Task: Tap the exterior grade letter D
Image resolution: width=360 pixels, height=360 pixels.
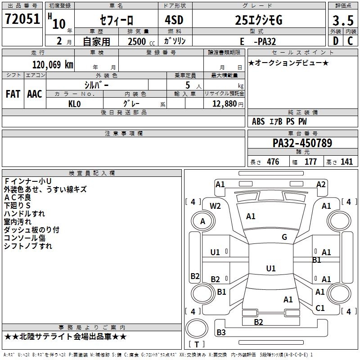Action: tap(335, 40)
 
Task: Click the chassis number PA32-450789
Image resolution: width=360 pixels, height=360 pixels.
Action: tap(302, 143)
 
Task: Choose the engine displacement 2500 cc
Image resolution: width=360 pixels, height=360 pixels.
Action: tap(137, 41)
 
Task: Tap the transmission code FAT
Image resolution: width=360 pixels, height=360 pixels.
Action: tap(13, 94)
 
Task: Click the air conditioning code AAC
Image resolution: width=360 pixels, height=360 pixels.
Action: tap(35, 94)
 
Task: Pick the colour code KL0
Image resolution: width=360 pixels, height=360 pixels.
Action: tap(74, 103)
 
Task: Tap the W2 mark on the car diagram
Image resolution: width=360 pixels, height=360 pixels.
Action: tap(215, 206)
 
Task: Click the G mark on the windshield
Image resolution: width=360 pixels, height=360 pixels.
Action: tap(284, 237)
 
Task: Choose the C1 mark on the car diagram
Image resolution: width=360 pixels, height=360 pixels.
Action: tap(320, 308)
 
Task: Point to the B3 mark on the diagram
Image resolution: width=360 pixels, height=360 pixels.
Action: tap(221, 333)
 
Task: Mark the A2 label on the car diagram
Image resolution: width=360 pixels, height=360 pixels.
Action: tap(320, 184)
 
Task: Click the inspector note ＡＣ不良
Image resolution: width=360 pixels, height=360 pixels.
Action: tap(18, 198)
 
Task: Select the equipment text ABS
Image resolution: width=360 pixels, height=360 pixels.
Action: tap(258, 121)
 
